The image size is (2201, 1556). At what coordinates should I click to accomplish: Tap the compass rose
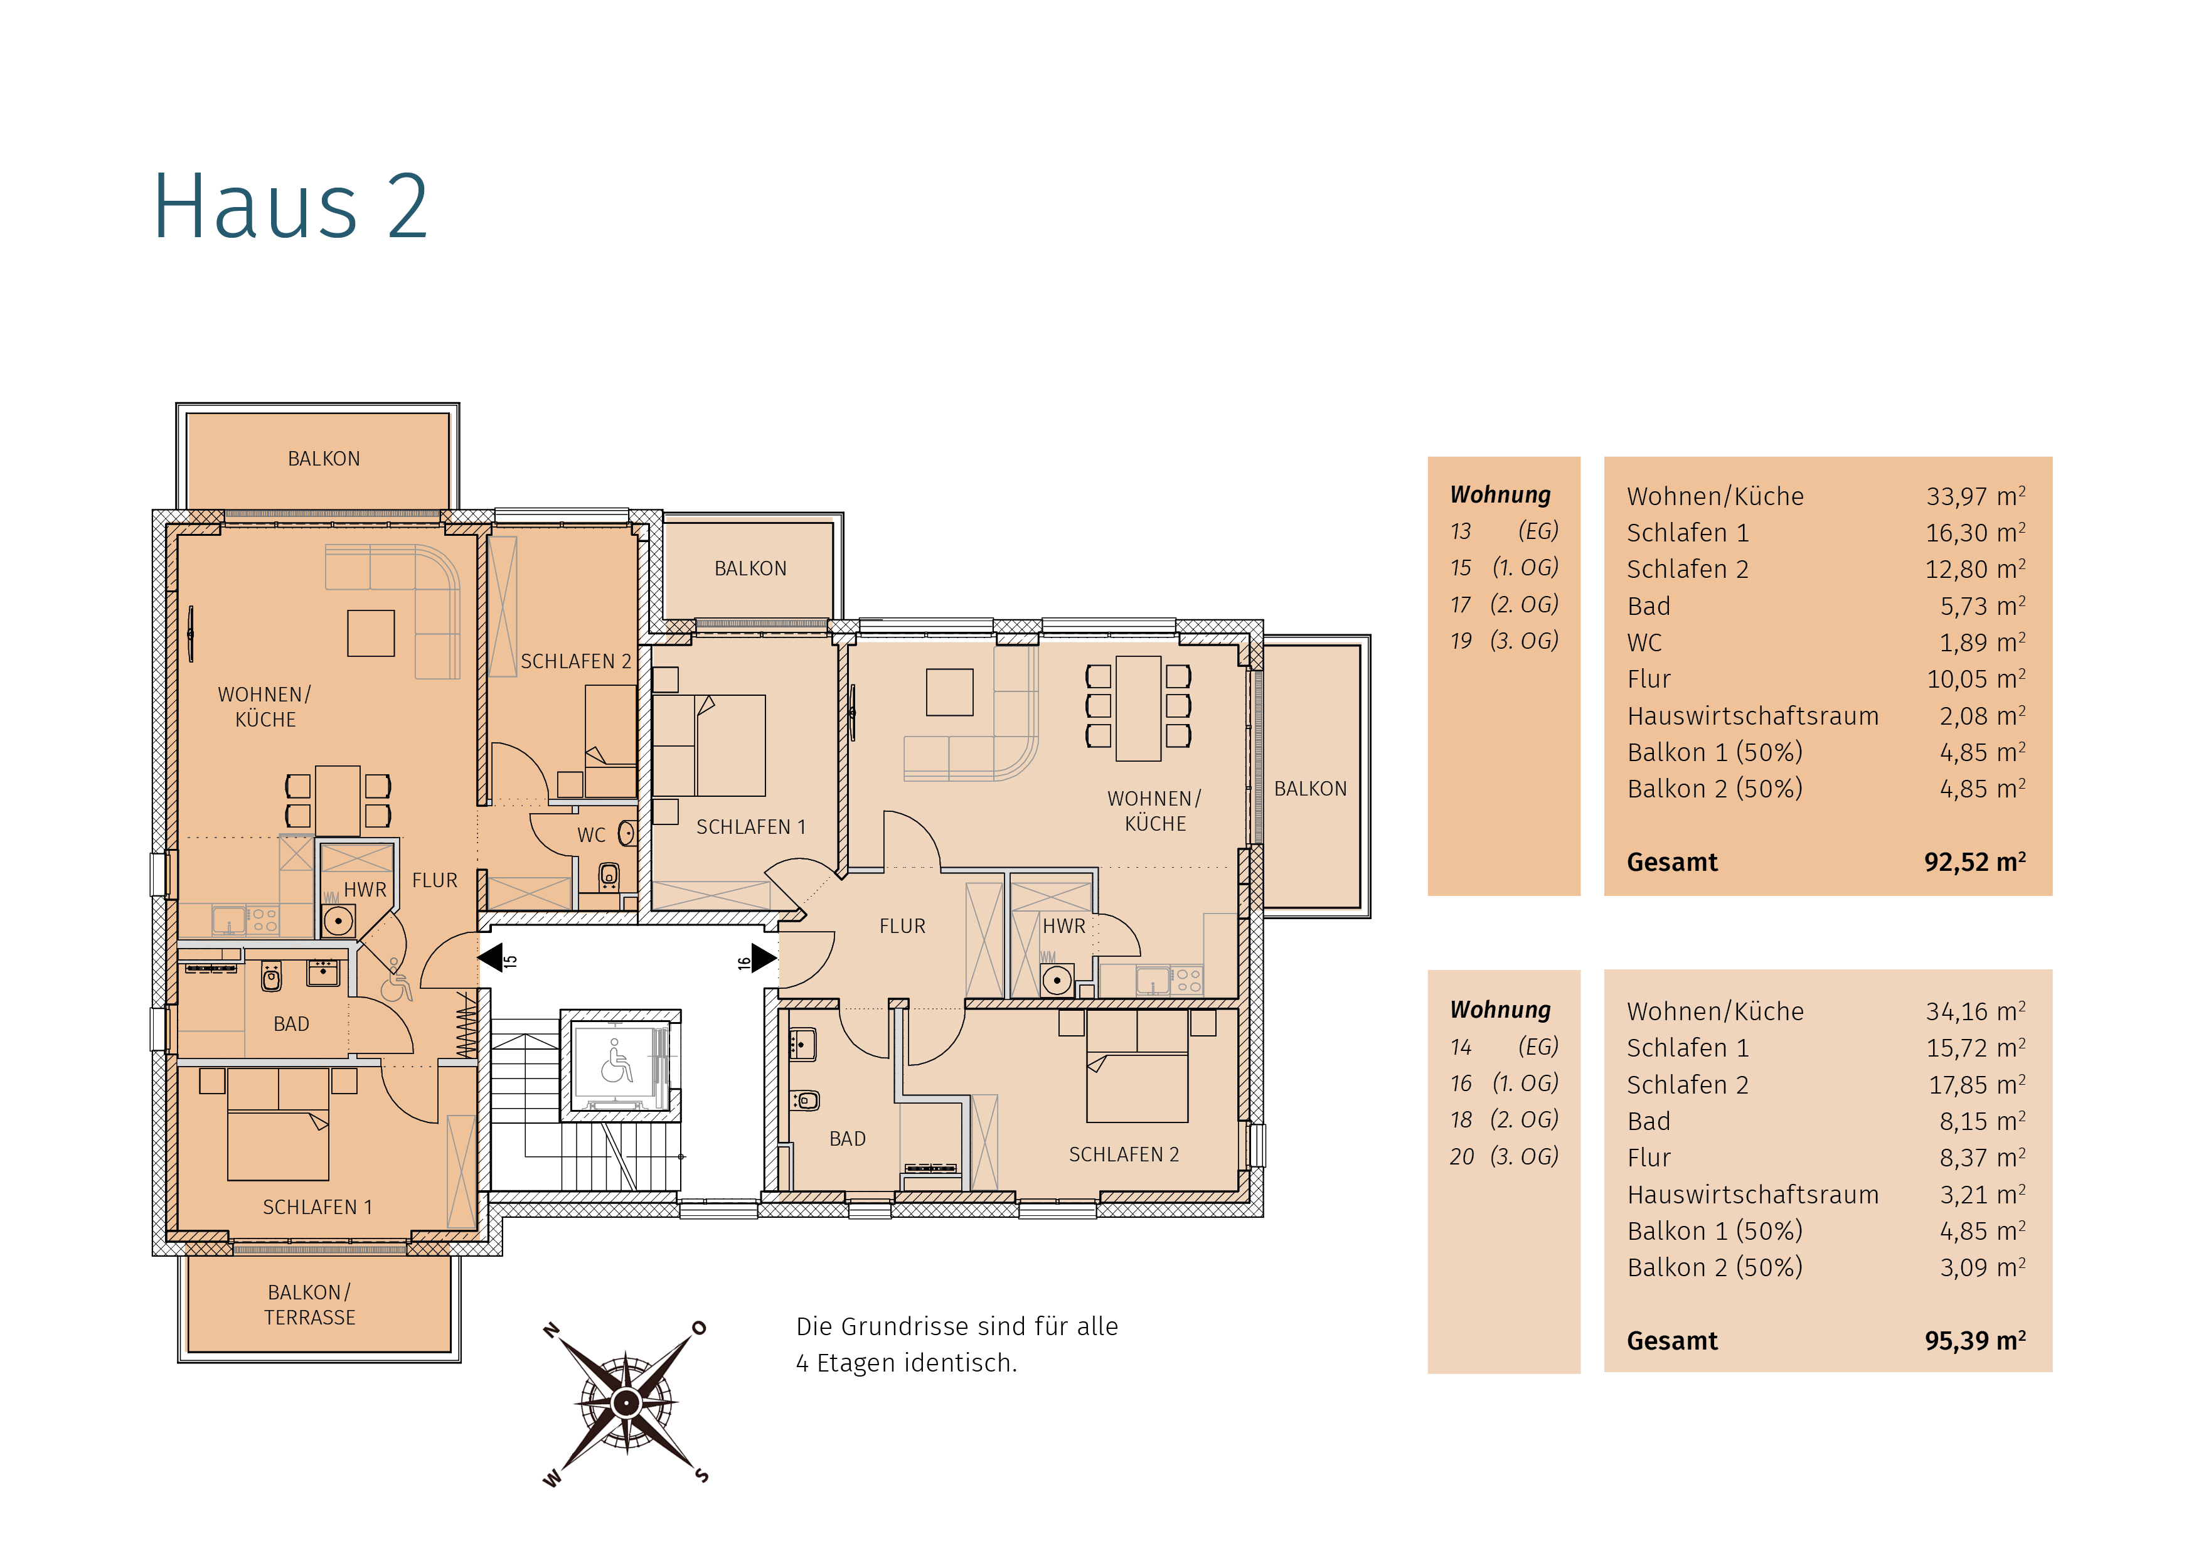[626, 1404]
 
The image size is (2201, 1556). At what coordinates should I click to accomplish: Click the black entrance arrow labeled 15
[490, 957]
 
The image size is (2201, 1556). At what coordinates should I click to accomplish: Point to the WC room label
[592, 835]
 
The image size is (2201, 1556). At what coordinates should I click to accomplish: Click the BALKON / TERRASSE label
[310, 1305]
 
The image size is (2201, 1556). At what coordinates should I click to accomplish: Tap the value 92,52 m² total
[1975, 862]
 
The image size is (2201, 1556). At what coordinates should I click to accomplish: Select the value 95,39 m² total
[1975, 1340]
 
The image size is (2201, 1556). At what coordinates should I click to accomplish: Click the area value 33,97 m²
[1976, 496]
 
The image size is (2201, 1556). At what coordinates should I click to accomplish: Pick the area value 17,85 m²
[1976, 1084]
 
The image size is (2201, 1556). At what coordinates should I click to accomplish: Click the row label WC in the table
[1645, 642]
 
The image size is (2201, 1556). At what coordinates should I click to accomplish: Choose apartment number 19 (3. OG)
[1504, 641]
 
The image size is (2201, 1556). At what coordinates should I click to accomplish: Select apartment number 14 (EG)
[1504, 1046]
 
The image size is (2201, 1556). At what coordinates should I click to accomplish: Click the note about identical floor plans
[957, 1344]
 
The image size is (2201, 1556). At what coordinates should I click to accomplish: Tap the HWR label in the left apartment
[365, 890]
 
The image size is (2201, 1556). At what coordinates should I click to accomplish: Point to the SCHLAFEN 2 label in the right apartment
[1124, 1154]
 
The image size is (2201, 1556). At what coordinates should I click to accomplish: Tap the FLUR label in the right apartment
[902, 926]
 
